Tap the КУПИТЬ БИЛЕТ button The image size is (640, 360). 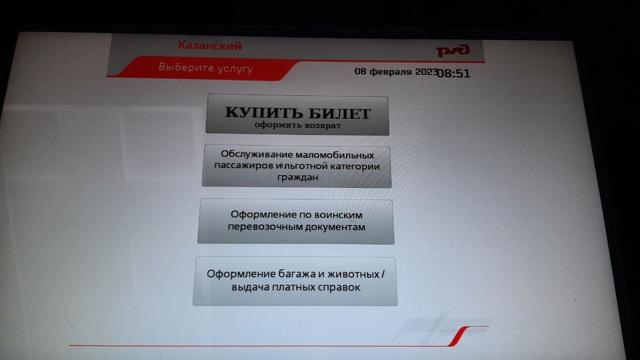(x=297, y=115)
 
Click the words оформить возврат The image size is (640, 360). (x=298, y=125)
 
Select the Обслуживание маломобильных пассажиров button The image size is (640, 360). (x=297, y=166)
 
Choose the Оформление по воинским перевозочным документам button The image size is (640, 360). (x=296, y=221)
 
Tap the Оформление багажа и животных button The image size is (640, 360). (x=295, y=281)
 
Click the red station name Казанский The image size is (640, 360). (x=210, y=46)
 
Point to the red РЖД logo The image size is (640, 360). (x=453, y=51)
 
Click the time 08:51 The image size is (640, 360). (x=454, y=74)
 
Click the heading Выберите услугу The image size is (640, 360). (x=206, y=68)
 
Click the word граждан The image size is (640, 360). (x=298, y=178)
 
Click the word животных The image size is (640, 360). (x=353, y=274)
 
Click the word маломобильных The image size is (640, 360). (x=334, y=155)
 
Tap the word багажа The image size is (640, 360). (x=297, y=274)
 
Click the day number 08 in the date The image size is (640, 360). (x=360, y=71)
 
